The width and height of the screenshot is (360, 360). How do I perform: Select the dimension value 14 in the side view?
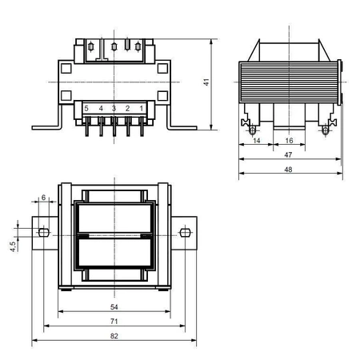256,140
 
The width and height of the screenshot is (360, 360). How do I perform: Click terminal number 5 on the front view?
86,108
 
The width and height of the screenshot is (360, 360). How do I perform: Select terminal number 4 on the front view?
100,108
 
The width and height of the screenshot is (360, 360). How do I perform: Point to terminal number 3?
114,108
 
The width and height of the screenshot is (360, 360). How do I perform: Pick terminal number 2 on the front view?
127,108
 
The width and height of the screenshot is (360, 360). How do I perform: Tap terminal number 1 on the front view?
141,108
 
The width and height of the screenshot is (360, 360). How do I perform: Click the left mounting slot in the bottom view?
44,233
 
